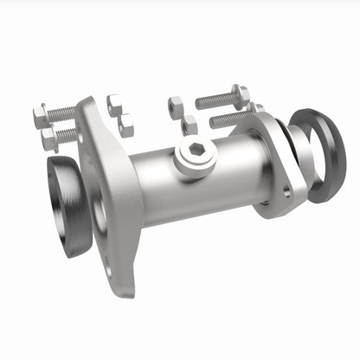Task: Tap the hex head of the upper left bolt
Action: pos(41,115)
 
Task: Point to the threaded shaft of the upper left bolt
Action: pos(62,112)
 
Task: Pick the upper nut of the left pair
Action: pos(114,105)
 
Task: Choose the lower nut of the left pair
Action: pos(125,125)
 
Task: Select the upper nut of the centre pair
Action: pos(176,107)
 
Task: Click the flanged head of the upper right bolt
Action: pos(241,94)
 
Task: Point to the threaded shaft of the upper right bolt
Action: pos(215,100)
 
